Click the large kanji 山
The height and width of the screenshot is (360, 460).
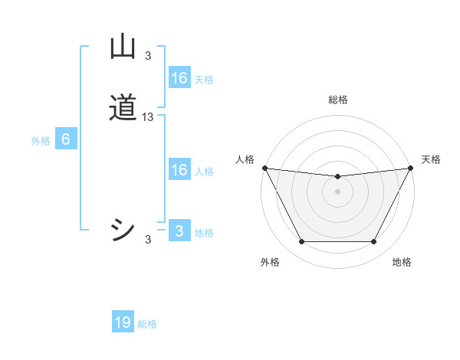pyautogui.click(x=123, y=47)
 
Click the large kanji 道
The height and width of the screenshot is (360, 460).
pyautogui.click(x=123, y=108)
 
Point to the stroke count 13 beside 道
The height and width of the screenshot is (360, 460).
pyautogui.click(x=148, y=116)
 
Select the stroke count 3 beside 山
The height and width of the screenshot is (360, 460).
pyautogui.click(x=148, y=55)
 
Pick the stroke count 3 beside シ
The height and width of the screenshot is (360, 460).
pyautogui.click(x=148, y=240)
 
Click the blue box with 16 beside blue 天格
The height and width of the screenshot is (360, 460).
pyautogui.click(x=179, y=78)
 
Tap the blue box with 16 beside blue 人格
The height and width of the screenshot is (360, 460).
pyautogui.click(x=179, y=170)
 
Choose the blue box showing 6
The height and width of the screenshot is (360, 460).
pyautogui.click(x=66, y=139)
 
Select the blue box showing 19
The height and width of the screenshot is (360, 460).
pyautogui.click(x=123, y=322)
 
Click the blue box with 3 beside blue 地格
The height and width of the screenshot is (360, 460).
pyautogui.click(x=179, y=231)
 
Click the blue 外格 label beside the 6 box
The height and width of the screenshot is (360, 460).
pyautogui.click(x=41, y=141)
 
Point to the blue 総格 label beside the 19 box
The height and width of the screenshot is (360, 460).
pyautogui.click(x=147, y=324)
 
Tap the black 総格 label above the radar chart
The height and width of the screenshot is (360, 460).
pyautogui.click(x=337, y=100)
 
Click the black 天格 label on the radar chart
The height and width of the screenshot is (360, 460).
pyautogui.click(x=431, y=159)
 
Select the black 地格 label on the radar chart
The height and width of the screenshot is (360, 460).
pyautogui.click(x=402, y=263)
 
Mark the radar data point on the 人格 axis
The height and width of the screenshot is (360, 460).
pyautogui.click(x=264, y=168)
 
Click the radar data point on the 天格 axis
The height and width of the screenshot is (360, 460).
pyautogui.click(x=411, y=168)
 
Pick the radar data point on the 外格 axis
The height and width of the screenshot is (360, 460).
pyautogui.click(x=301, y=242)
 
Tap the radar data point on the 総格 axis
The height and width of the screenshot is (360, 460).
pyautogui.click(x=337, y=177)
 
